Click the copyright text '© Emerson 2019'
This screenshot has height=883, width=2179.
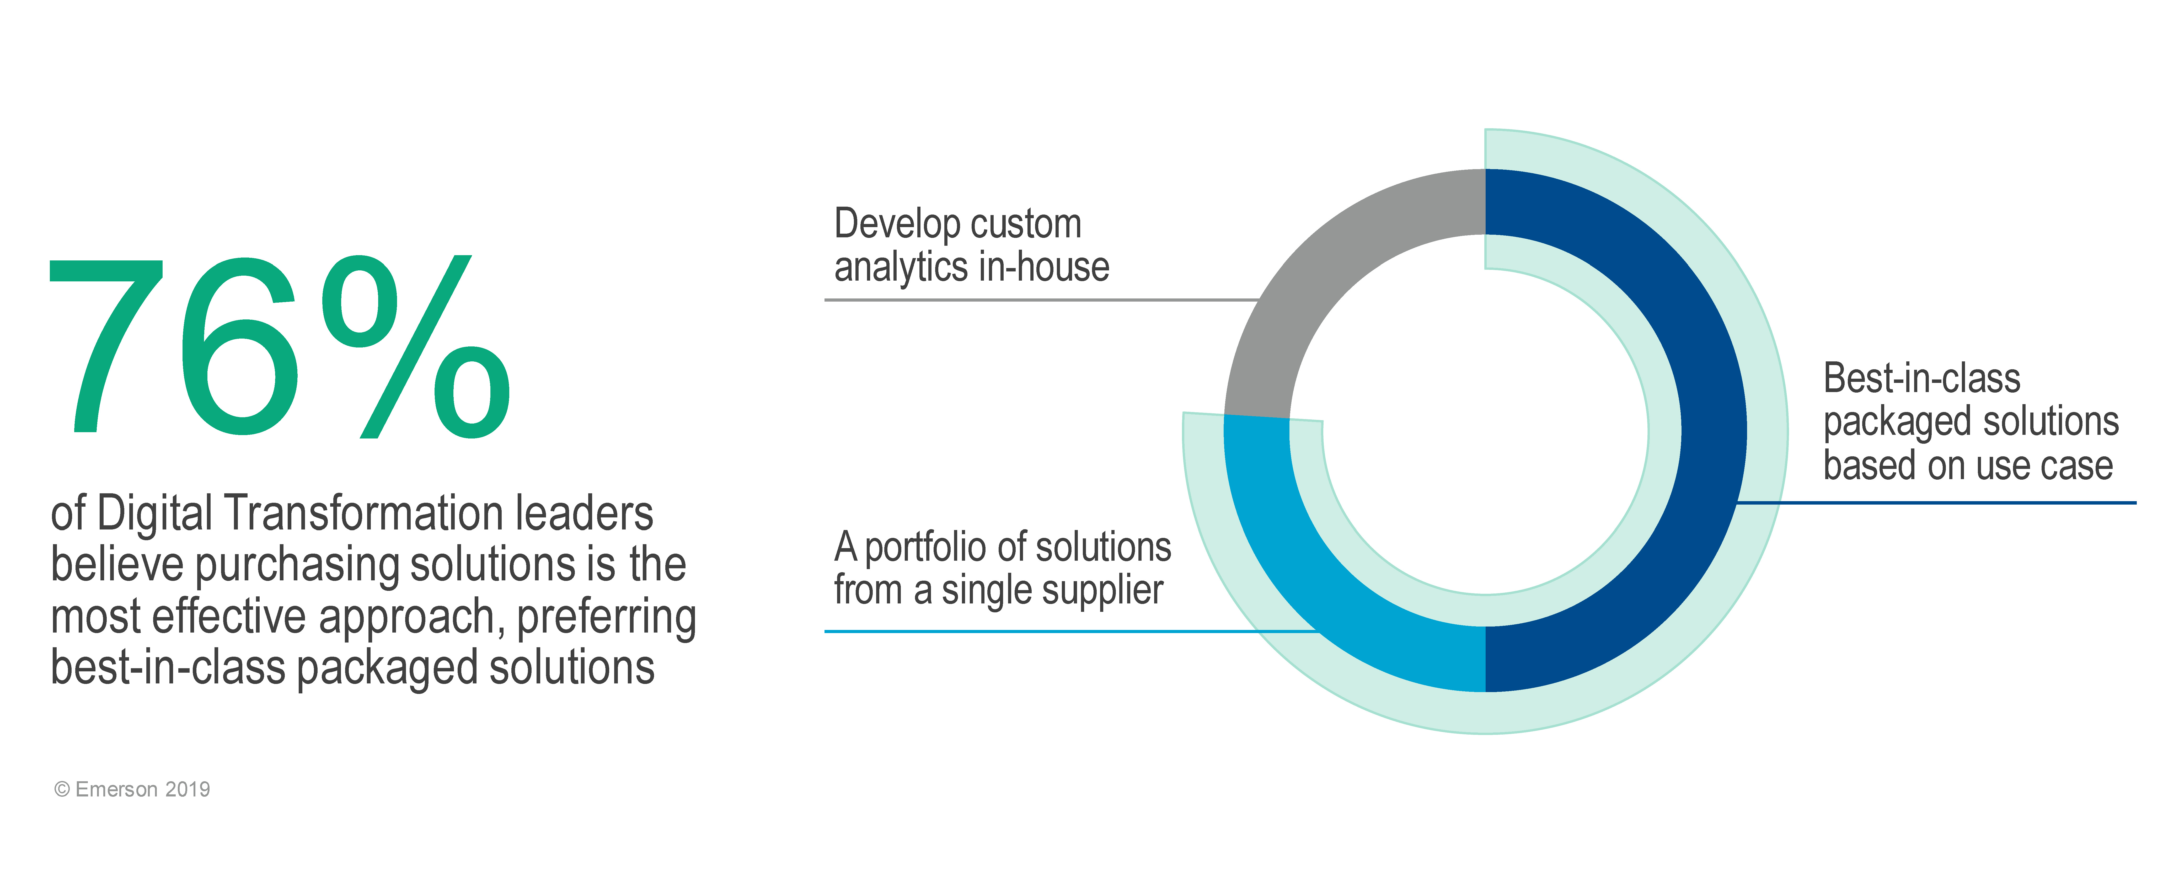point(132,789)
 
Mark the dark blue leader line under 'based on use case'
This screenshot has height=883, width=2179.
point(1936,502)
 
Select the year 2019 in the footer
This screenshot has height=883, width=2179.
point(188,789)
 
